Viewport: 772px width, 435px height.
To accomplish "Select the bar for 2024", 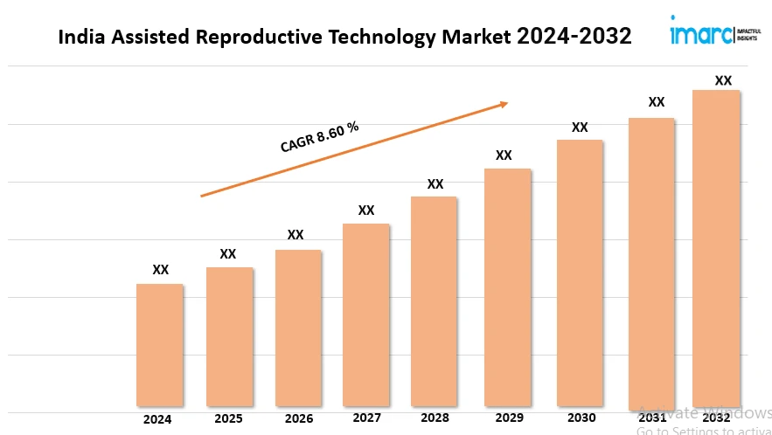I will click(x=160, y=345).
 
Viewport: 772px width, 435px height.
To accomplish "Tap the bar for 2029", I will click(x=507, y=287).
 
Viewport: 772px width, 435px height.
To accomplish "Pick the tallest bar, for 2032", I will click(x=716, y=248).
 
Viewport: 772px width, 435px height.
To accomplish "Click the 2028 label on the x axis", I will click(x=435, y=418).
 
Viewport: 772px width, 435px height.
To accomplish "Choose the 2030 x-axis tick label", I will click(x=580, y=418).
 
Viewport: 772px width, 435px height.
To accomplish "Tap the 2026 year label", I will click(x=297, y=418).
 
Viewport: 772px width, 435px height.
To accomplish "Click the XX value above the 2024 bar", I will click(x=161, y=270).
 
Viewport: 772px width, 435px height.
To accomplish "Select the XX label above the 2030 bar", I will click(x=580, y=128).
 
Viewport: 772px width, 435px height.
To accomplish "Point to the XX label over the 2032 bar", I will click(x=723, y=80).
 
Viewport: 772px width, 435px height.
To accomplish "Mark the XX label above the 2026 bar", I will click(x=296, y=235).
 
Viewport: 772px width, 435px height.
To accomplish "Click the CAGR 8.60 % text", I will click(x=319, y=138).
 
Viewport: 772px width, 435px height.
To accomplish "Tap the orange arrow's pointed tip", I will click(x=506, y=104).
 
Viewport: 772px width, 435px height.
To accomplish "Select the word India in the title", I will click(x=80, y=38).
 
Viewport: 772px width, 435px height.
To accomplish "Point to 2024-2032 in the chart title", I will click(x=574, y=37).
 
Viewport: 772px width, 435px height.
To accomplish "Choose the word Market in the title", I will click(x=477, y=38).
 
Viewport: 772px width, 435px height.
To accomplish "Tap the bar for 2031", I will click(x=651, y=262).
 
